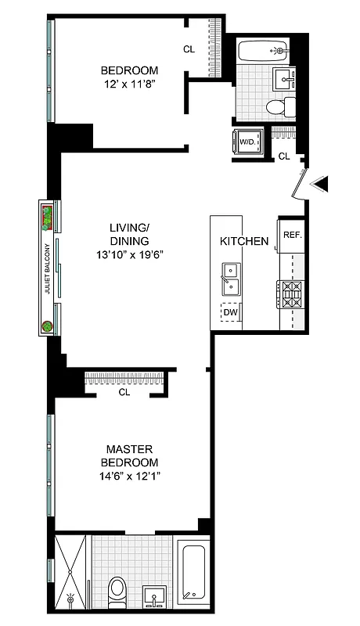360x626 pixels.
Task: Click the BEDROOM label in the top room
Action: (x=129, y=70)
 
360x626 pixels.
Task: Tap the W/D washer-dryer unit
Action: (x=247, y=142)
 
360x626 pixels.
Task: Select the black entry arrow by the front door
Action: (x=322, y=184)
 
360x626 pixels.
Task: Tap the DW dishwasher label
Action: (x=231, y=313)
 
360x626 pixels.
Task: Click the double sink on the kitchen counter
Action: (x=230, y=278)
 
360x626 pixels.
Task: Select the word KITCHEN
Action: (x=244, y=241)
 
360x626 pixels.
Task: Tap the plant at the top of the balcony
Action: (x=48, y=216)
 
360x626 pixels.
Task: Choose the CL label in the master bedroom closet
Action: (x=124, y=392)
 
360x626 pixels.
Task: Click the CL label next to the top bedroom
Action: (x=189, y=49)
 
